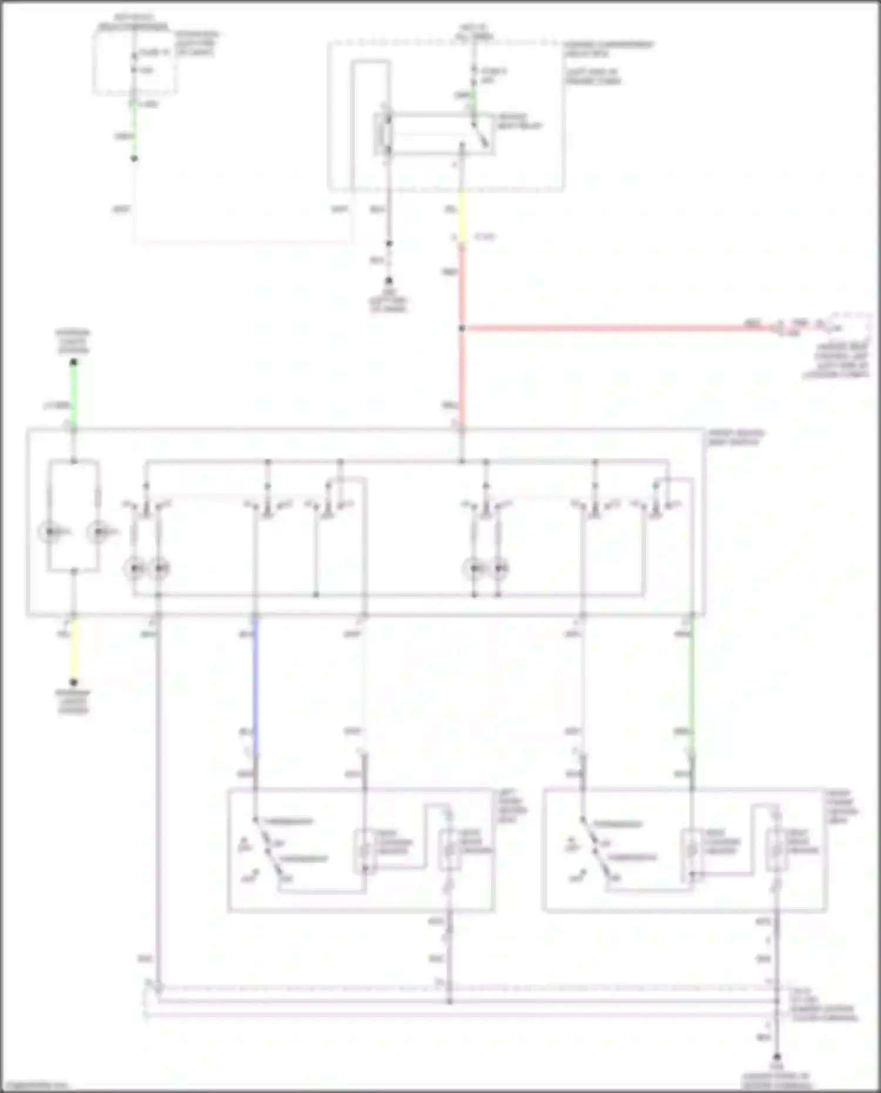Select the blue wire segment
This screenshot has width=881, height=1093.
click(x=255, y=684)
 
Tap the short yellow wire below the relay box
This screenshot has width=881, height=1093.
click(x=462, y=217)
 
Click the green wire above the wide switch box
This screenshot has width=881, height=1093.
click(x=73, y=394)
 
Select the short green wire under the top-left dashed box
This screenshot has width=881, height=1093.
click(x=134, y=126)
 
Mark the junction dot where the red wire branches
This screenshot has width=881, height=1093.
click(x=462, y=328)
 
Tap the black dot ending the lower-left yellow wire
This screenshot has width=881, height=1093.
click(x=73, y=682)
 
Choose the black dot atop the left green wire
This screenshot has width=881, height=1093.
click(x=73, y=363)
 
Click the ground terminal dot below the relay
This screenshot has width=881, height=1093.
click(x=388, y=281)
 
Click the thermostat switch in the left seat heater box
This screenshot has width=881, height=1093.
click(x=268, y=849)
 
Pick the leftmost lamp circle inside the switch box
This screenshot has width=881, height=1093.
click(x=49, y=532)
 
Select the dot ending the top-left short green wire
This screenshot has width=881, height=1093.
click(x=134, y=159)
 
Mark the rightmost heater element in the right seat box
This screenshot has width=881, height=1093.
click(x=776, y=849)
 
